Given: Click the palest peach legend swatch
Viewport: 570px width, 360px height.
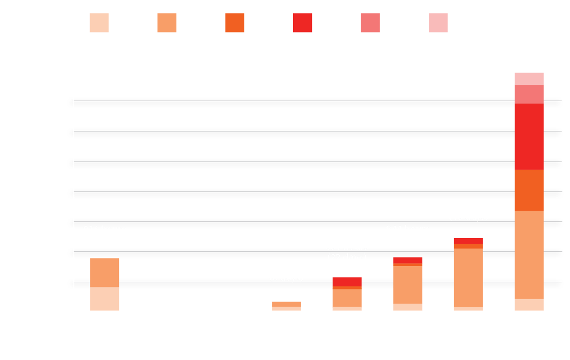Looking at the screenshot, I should (x=99, y=23).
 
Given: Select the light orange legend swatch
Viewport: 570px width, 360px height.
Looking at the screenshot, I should (x=167, y=23).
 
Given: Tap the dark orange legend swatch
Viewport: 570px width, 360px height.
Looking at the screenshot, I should (x=235, y=23).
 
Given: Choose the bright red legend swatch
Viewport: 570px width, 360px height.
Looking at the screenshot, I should (x=303, y=23).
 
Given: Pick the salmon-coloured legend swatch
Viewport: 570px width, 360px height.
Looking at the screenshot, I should (x=370, y=23).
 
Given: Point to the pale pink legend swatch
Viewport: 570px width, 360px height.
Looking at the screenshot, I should (x=438, y=23).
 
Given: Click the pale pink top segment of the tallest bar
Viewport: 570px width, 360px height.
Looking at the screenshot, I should (x=529, y=79).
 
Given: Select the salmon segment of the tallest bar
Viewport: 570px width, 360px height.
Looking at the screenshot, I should (x=529, y=94).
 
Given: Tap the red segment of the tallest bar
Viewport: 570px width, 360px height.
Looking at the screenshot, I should (x=529, y=137).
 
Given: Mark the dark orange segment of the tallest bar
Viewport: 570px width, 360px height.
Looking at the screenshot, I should (x=529, y=190).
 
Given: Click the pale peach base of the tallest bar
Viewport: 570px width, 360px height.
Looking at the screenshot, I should (x=529, y=305).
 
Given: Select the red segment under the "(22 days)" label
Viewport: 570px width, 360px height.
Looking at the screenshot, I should (x=347, y=282).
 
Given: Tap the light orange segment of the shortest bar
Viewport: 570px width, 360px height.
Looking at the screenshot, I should (x=287, y=304).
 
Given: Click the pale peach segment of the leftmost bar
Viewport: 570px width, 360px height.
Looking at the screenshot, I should (x=105, y=299).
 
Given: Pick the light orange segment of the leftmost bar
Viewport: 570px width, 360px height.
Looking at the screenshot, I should (x=105, y=273).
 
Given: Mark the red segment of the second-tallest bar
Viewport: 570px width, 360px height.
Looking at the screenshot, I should (x=468, y=241).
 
